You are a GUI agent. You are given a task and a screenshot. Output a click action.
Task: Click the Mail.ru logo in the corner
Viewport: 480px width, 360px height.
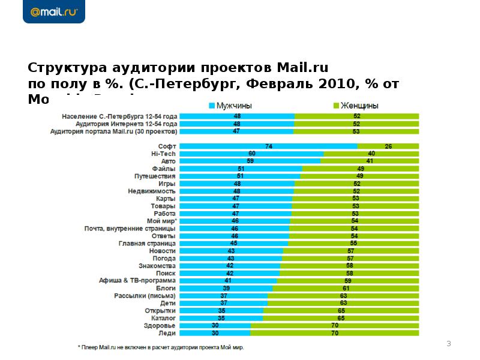[x=53, y=11]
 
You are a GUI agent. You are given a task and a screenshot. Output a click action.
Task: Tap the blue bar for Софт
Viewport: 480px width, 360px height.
[x=268, y=146]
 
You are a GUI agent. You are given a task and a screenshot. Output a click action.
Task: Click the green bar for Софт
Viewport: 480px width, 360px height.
[x=388, y=146]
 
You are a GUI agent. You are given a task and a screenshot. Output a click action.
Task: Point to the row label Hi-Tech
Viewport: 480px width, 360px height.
[x=163, y=154]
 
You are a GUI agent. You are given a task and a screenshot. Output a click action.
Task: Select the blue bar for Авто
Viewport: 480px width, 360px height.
[x=250, y=161]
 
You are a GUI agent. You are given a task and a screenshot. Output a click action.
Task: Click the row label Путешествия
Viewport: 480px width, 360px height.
[x=155, y=176]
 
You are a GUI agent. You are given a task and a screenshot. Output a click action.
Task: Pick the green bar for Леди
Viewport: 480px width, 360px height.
[x=334, y=332]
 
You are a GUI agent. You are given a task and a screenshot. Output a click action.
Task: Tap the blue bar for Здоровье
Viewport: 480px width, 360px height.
[x=215, y=325]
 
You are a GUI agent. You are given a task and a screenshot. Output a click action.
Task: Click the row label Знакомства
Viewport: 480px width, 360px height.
[x=157, y=266]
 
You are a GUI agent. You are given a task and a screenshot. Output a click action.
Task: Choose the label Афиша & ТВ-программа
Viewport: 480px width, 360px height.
[x=137, y=280]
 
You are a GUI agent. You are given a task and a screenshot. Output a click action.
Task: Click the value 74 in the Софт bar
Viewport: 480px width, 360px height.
[x=268, y=146]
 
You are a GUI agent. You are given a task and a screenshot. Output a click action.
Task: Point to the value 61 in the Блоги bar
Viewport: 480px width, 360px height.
[x=346, y=288]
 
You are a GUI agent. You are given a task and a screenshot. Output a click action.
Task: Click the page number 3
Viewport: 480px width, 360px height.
[x=448, y=343]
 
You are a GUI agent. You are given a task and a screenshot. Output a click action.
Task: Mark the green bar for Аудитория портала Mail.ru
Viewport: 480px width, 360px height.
[x=356, y=130]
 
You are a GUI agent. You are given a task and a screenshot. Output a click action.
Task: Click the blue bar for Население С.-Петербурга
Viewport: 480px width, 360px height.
[x=237, y=115]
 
